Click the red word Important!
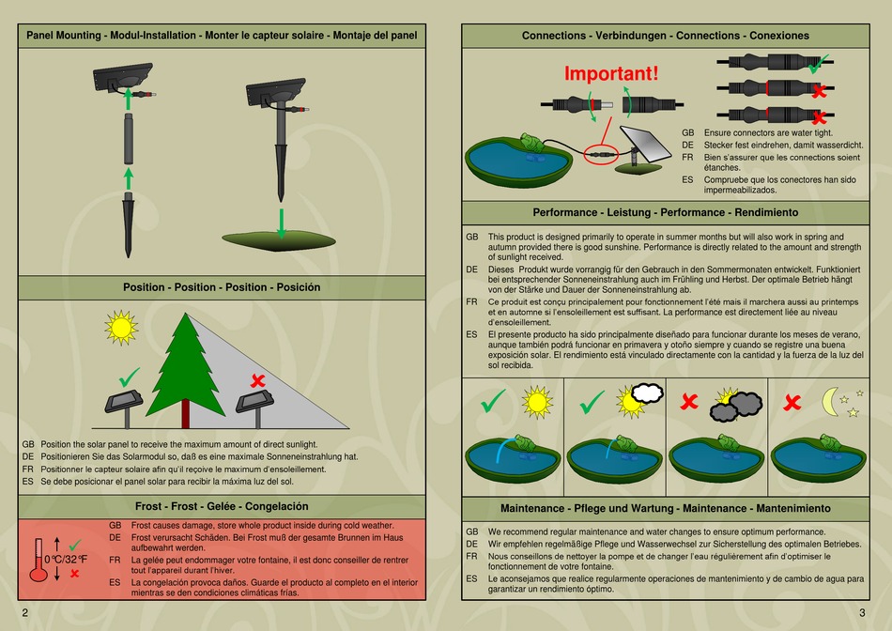pyautogui.click(x=611, y=73)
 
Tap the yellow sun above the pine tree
pyautogui.click(x=120, y=326)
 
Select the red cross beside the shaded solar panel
pyautogui.click(x=257, y=380)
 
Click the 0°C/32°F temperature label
pyautogui.click(x=66, y=560)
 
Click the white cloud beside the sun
pyautogui.click(x=647, y=393)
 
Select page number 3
pyautogui.click(x=862, y=613)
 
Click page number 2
pyautogui.click(x=24, y=613)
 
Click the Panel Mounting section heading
pyautogui.click(x=222, y=36)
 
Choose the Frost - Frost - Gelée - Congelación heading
pyautogui.click(x=222, y=506)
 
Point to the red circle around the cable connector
pyautogui.click(x=601, y=151)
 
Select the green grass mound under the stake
pyautogui.click(x=278, y=240)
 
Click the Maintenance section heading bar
pyautogui.click(x=665, y=508)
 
